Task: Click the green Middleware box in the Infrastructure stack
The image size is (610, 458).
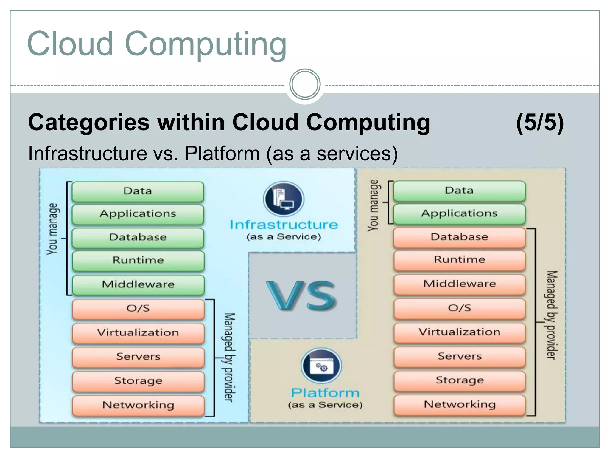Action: point(138,284)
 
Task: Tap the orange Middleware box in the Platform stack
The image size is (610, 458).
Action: point(459,284)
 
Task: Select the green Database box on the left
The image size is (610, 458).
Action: point(138,237)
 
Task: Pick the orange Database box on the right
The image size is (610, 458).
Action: point(459,237)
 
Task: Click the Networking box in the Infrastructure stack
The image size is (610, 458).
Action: point(138,405)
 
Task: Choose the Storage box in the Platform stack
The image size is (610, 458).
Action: point(459,380)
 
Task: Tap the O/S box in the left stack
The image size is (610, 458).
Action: point(138,309)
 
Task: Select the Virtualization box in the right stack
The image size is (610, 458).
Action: point(459,332)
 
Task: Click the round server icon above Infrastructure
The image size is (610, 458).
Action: point(284,199)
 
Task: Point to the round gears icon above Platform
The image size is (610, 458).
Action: point(321,366)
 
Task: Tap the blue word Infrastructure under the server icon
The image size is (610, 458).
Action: point(284,225)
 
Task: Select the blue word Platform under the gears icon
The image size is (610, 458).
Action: point(325,393)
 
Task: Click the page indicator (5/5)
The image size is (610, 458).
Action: point(540,122)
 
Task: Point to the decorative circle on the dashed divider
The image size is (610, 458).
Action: point(305,84)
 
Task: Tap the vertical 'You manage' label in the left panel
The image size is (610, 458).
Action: point(52,229)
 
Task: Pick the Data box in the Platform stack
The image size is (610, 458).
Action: point(459,191)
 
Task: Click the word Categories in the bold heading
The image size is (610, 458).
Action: point(89,123)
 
